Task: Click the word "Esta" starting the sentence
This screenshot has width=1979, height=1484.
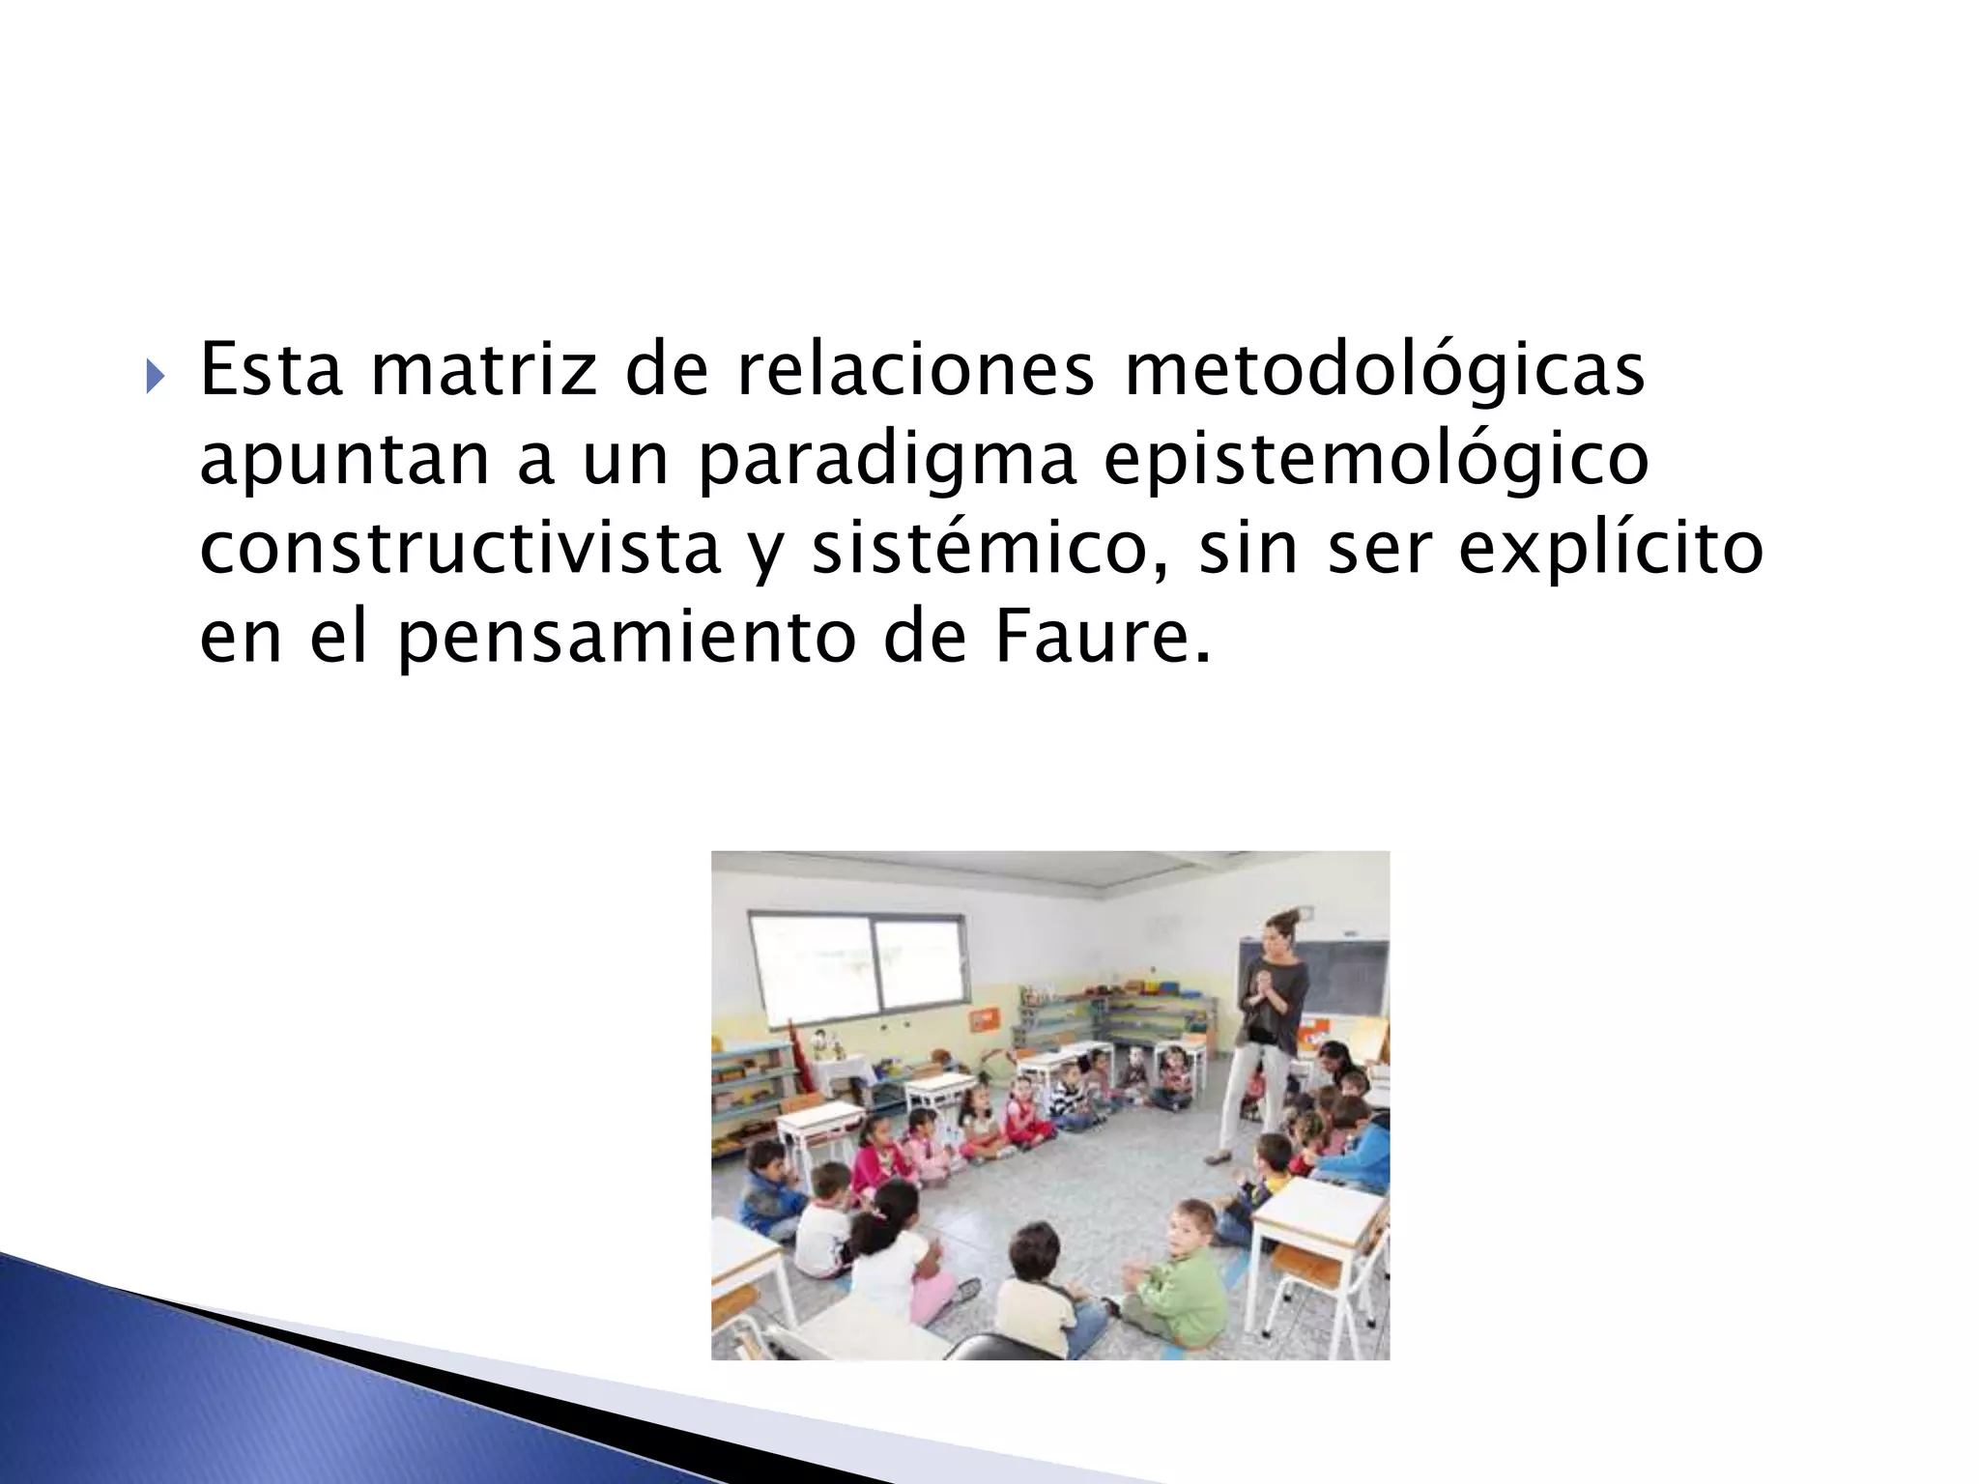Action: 272,371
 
